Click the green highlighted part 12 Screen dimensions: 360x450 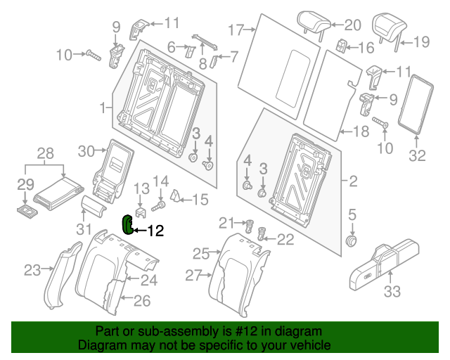tap(127, 224)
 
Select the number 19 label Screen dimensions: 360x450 tap(420, 41)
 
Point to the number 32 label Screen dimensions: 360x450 tap(417, 156)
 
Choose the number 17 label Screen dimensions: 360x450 tap(235, 30)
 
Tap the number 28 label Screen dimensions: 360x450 tap(44, 153)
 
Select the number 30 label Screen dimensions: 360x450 tap(86, 150)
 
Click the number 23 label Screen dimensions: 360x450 tap(33, 269)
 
